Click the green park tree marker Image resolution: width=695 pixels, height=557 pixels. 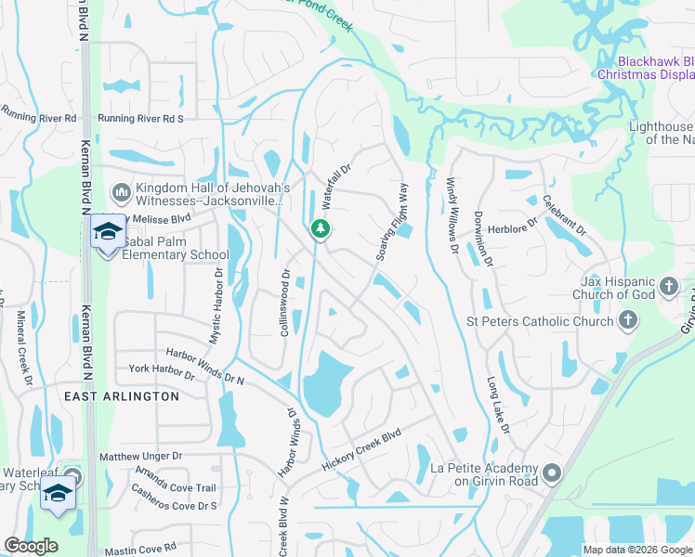tap(320, 227)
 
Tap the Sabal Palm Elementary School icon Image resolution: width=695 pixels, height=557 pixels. tap(108, 233)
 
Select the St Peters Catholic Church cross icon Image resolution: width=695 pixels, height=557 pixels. tap(628, 321)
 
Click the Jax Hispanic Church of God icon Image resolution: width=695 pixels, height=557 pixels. tap(668, 289)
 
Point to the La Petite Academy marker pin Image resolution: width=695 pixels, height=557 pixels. tap(552, 474)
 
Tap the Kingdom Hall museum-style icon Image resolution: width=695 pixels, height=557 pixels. tap(121, 193)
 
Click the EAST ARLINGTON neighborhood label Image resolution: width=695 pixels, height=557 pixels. tap(121, 396)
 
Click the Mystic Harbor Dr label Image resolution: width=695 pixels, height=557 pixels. tap(216, 306)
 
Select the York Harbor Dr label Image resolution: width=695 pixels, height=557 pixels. tap(162, 371)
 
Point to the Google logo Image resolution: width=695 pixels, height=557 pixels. tap(31, 546)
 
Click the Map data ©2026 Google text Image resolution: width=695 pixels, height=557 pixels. tap(636, 550)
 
